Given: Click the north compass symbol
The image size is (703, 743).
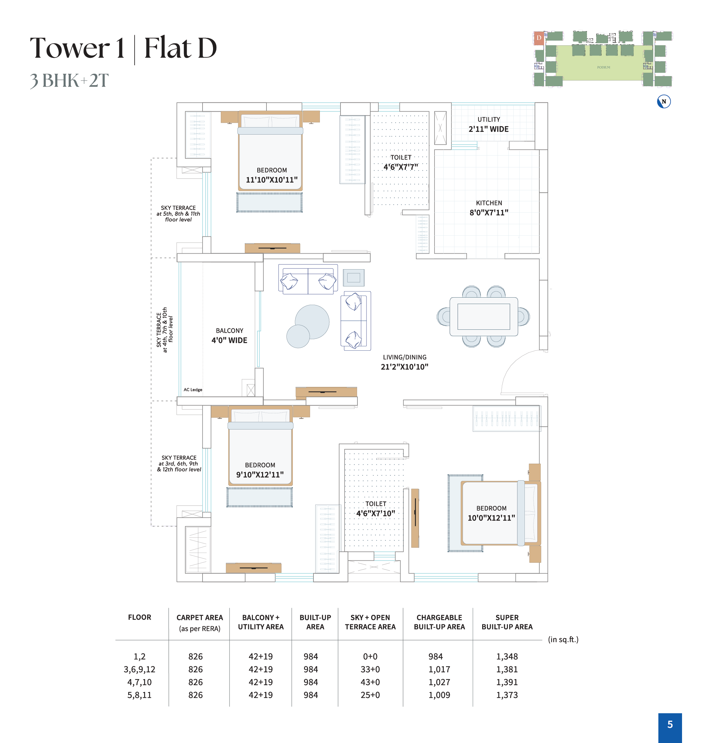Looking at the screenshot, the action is (664, 101).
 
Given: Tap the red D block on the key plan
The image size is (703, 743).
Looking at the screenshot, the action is (538, 38).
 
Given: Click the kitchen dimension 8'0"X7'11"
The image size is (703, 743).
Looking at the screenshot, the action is (489, 212).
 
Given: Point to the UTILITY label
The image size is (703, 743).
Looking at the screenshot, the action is (489, 119).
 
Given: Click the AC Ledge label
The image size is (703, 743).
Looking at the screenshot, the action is (193, 390).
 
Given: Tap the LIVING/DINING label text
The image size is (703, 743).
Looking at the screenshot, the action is (404, 357).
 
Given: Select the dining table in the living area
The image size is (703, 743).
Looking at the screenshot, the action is (484, 317).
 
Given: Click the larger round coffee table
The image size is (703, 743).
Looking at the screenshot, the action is (312, 322).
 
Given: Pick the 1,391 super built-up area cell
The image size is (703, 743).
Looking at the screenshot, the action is (507, 682).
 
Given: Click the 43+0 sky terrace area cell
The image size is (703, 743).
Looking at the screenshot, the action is (370, 682).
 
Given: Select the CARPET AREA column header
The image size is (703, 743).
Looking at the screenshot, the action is (200, 622).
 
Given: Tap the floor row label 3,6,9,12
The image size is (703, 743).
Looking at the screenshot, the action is (139, 669).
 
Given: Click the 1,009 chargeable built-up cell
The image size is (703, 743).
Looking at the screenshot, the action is (439, 695).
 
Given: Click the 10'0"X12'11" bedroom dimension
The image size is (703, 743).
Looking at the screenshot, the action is (491, 518).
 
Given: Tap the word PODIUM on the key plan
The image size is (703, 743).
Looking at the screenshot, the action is (603, 67).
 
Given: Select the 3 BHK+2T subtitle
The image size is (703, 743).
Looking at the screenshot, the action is (69, 80).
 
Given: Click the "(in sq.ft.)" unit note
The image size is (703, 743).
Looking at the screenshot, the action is (563, 639).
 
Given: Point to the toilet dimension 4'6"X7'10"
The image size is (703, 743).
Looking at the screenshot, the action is (375, 513).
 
